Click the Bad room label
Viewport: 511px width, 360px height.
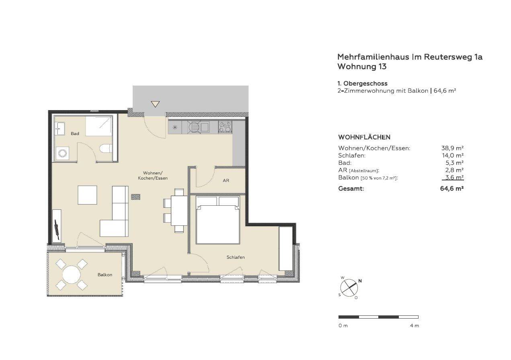point(75,134)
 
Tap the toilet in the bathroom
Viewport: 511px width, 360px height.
point(106,148)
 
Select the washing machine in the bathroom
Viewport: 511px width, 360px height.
point(62,153)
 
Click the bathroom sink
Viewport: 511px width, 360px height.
point(60,129)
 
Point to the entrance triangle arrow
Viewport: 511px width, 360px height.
point(155,104)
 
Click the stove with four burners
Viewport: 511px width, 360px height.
point(225,127)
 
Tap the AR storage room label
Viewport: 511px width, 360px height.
point(226,180)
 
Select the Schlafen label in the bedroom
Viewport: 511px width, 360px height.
point(236,257)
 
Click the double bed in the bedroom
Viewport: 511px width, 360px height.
point(218,220)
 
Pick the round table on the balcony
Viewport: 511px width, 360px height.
point(72,274)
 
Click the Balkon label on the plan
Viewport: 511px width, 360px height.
point(105,275)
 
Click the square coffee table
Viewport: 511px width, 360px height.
point(87,195)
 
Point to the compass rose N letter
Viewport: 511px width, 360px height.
point(360,281)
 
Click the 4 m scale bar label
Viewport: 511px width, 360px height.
point(414,326)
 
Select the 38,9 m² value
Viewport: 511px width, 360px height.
point(452,148)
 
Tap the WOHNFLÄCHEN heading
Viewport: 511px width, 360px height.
point(364,137)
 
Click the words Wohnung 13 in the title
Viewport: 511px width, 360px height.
point(362,67)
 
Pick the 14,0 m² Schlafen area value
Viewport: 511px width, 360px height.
point(453,155)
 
